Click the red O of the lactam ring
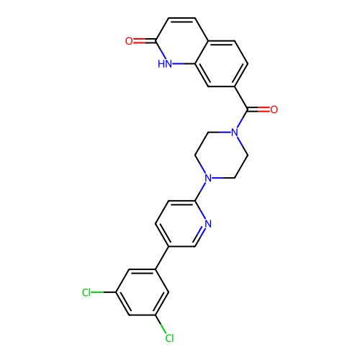(x=129, y=41)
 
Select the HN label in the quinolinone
(x=165, y=64)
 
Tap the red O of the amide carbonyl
(x=274, y=109)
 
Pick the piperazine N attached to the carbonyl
(x=235, y=132)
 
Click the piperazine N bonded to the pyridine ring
(x=208, y=178)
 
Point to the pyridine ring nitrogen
(x=208, y=224)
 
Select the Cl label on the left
(x=86, y=292)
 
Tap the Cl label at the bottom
(x=169, y=338)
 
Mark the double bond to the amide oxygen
(x=258, y=109)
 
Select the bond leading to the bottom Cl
(x=161, y=324)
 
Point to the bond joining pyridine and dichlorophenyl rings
(x=162, y=258)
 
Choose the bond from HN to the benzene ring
(x=184, y=64)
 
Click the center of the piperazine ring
(x=221, y=156)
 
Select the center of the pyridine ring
(x=182, y=224)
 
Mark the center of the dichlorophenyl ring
(x=143, y=292)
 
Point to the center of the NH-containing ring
(x=182, y=41)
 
